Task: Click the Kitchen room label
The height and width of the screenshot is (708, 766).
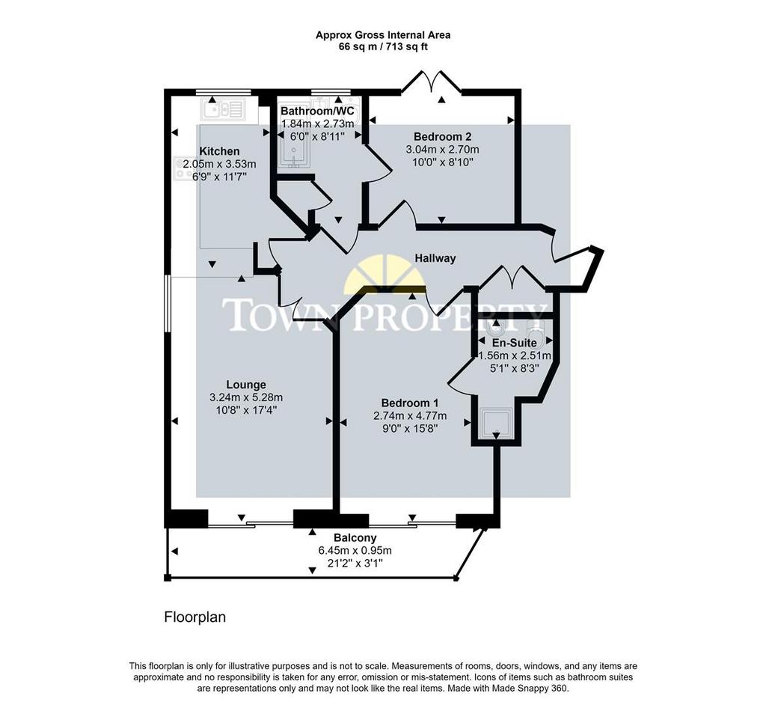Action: click(219, 151)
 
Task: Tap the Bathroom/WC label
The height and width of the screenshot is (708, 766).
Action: click(317, 111)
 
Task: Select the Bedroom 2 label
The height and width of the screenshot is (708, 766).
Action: click(442, 136)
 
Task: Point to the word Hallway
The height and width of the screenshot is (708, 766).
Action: click(435, 258)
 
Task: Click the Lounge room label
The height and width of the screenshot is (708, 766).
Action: click(245, 385)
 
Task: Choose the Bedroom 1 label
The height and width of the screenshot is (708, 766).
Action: click(409, 403)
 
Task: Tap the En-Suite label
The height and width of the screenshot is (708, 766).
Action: click(514, 343)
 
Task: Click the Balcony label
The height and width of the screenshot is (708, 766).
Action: click(355, 538)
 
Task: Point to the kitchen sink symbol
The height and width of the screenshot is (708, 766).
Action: click(223, 109)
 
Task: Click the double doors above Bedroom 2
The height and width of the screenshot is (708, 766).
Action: click(432, 82)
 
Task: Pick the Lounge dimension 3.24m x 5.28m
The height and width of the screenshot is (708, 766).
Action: click(245, 397)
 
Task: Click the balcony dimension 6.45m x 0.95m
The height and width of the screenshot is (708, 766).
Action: click(355, 551)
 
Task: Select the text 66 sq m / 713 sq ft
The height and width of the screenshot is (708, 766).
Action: click(383, 47)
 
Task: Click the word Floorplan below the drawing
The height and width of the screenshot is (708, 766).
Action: click(195, 617)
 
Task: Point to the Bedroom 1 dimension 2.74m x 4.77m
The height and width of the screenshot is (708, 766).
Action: click(409, 416)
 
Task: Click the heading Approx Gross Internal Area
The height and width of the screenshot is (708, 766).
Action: click(383, 35)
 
